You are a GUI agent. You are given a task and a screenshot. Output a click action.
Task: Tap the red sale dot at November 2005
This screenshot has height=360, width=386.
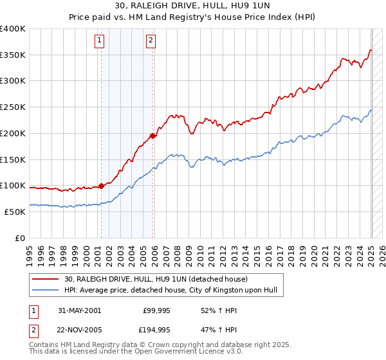(x=152, y=136)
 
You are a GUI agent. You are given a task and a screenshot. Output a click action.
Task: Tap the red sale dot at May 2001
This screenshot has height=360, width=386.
(x=102, y=186)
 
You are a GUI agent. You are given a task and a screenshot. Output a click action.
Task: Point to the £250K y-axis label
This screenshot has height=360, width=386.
(x=13, y=107)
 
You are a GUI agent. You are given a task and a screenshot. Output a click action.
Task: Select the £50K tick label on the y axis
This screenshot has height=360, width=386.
(x=15, y=212)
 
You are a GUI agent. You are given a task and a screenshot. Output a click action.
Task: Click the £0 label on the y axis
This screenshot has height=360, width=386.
(x=21, y=238)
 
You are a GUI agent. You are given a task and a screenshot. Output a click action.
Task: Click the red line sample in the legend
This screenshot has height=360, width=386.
(x=45, y=279)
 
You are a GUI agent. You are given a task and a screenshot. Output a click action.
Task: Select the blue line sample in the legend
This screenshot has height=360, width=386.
(x=45, y=290)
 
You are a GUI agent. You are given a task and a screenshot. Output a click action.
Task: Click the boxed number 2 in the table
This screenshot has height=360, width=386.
(x=32, y=330)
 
